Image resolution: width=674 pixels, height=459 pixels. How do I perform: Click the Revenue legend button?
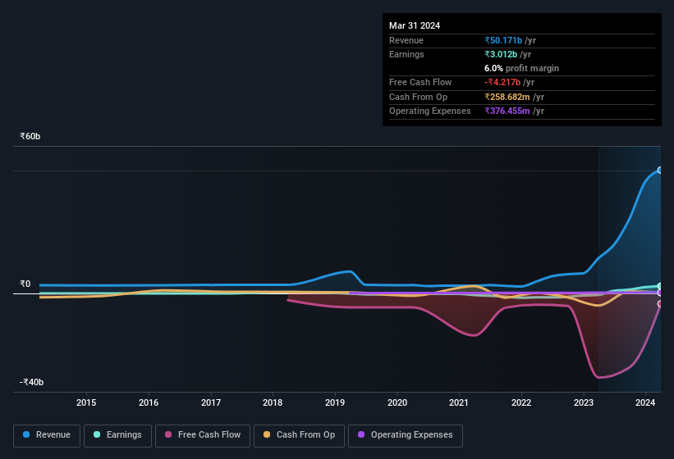click(47, 434)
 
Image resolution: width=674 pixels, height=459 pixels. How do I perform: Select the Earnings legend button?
click(118, 434)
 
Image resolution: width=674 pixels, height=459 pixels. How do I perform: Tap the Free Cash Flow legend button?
click(203, 434)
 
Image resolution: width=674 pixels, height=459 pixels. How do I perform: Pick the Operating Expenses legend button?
click(406, 434)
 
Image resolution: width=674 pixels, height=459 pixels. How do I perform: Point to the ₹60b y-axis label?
click(30, 136)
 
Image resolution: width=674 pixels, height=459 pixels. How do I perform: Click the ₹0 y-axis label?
click(25, 284)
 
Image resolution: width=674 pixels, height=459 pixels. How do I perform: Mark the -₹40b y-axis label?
click(32, 382)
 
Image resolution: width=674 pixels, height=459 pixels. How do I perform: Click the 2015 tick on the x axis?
click(86, 402)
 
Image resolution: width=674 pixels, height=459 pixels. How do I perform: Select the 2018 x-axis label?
click(273, 402)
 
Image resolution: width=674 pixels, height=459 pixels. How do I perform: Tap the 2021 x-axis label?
click(459, 402)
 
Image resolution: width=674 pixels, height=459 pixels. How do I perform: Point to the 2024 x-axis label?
click(645, 402)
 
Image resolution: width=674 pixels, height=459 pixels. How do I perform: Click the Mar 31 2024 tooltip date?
click(415, 25)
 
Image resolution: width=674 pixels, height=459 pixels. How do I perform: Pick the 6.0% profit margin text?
click(521, 68)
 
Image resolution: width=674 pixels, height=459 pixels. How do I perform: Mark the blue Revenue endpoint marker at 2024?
click(659, 170)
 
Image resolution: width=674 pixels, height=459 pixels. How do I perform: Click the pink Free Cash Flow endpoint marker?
click(659, 304)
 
